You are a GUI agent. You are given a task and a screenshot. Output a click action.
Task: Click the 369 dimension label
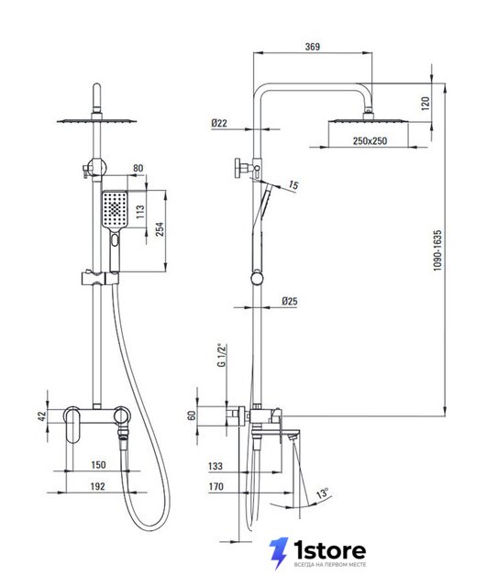312,47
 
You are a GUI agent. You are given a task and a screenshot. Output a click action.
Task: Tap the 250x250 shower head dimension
370,141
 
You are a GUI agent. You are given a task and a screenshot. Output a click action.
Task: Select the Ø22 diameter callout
218,123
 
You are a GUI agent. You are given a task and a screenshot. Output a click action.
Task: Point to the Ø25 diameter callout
289,301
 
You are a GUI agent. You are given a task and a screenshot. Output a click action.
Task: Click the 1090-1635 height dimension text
437,250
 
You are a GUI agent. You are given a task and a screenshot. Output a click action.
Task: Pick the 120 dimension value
426,104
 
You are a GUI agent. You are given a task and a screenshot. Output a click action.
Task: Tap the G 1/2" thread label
222,355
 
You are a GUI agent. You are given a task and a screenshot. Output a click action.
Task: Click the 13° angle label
323,493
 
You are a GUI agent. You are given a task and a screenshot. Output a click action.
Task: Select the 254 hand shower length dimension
160,229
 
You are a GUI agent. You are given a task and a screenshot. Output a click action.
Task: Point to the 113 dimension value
140,212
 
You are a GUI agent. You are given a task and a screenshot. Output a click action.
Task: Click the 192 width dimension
98,486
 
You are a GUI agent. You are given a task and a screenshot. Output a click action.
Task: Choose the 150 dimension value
98,465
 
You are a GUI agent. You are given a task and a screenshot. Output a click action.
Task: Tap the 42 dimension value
41,415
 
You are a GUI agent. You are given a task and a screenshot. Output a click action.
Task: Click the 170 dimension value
216,486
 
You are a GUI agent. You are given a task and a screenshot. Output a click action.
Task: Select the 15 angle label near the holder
293,185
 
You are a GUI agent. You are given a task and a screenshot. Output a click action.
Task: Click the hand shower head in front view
115,210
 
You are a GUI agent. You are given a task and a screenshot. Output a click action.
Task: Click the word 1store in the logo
329,550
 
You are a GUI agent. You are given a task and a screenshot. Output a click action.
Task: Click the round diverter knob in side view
238,167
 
